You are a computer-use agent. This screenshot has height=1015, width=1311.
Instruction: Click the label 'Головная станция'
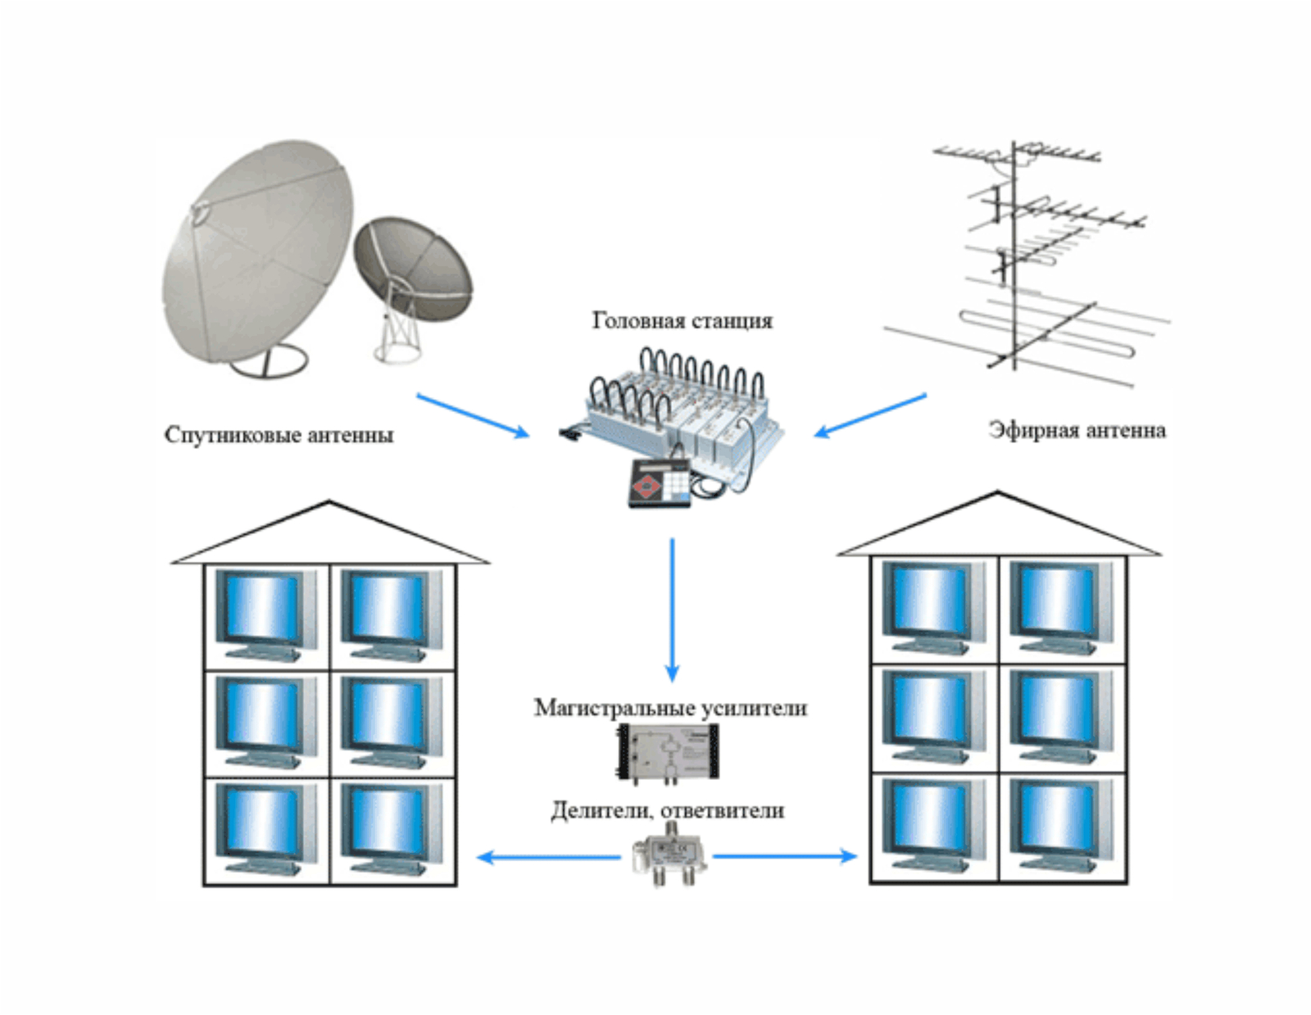click(x=682, y=320)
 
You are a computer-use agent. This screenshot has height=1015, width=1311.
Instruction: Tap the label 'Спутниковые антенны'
click(x=279, y=434)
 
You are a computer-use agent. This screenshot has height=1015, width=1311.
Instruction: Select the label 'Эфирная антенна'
click(x=1077, y=430)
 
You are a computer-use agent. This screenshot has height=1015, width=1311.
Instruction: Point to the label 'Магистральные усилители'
click(x=670, y=708)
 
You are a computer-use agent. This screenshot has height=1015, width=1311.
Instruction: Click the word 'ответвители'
click(x=722, y=810)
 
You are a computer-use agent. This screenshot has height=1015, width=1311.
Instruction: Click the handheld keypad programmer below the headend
click(x=660, y=483)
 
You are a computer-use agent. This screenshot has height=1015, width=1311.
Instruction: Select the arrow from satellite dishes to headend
click(x=473, y=415)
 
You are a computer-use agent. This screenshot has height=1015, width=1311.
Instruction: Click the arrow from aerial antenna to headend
click(x=870, y=415)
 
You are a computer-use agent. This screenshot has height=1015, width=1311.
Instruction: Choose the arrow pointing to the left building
click(x=548, y=858)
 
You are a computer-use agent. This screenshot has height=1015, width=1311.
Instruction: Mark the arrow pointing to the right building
click(x=784, y=857)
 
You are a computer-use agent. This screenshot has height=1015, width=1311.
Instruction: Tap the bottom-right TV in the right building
click(x=1060, y=826)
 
